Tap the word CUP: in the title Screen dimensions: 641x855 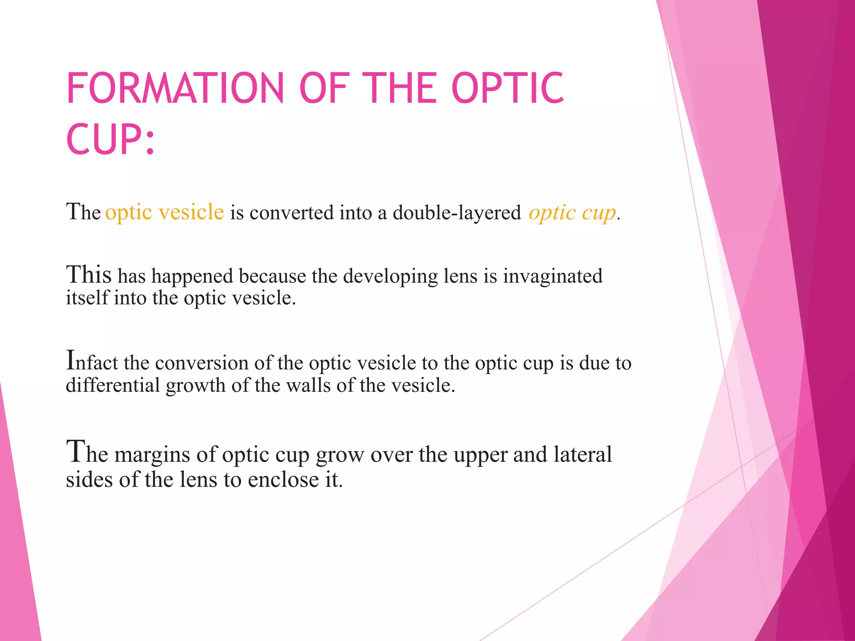[110, 139]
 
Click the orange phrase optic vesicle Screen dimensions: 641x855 [164, 212]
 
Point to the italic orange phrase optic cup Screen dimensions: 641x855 [572, 213]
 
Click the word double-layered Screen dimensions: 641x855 [457, 213]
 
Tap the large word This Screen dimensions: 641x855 [89, 275]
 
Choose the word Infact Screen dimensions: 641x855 [92, 362]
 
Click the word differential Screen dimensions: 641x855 [113, 385]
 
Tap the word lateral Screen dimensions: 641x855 [582, 454]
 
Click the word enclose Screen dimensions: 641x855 [283, 479]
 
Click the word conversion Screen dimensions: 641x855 [202, 363]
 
